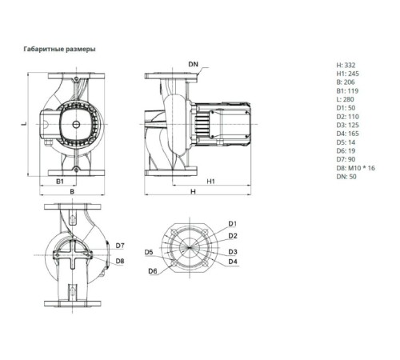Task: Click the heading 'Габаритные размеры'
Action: click(x=59, y=50)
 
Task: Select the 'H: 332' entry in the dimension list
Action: click(x=346, y=65)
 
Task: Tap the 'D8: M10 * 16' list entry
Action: click(x=355, y=168)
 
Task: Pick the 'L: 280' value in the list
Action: click(x=345, y=99)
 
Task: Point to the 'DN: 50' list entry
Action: click(x=346, y=177)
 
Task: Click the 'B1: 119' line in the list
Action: click(x=347, y=91)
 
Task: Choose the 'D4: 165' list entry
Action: click(x=347, y=134)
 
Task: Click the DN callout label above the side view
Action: click(x=194, y=64)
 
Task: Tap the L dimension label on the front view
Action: click(x=24, y=124)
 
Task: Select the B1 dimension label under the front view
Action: click(x=60, y=182)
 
